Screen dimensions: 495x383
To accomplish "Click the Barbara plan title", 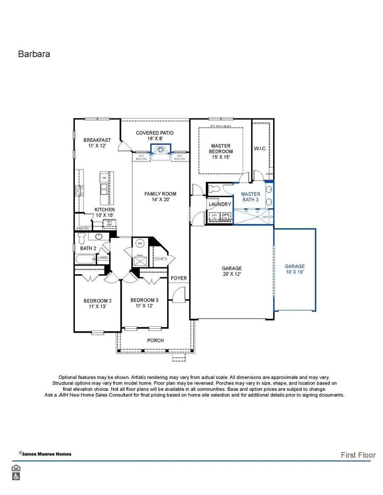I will tap(34, 54).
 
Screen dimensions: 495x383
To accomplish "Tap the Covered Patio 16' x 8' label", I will tap(155, 136).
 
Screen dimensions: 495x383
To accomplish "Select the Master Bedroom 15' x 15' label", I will tap(221, 151).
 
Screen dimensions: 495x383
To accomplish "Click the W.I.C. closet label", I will tap(260, 148).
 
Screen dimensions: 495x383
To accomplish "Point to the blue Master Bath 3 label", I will tap(251, 197).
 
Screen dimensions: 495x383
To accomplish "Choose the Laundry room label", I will tap(220, 204).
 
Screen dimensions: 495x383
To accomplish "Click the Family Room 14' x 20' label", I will tap(160, 196).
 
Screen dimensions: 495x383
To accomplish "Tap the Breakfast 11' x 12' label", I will tap(97, 143).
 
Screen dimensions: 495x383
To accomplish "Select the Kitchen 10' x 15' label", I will tap(104, 212).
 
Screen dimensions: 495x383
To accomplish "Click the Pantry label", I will tap(83, 229).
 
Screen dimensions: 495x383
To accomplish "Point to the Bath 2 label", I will tap(88, 248).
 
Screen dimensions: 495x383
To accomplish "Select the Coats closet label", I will tap(161, 259).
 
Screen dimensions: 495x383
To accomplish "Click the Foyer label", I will tap(179, 278).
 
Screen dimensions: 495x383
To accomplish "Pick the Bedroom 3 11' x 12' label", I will tap(144, 303).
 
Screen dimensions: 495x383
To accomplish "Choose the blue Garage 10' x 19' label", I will tap(294, 269).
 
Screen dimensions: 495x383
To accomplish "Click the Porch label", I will tap(155, 340).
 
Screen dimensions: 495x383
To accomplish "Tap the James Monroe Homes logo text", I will tap(46, 454).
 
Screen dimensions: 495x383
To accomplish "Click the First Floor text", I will tap(358, 455).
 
